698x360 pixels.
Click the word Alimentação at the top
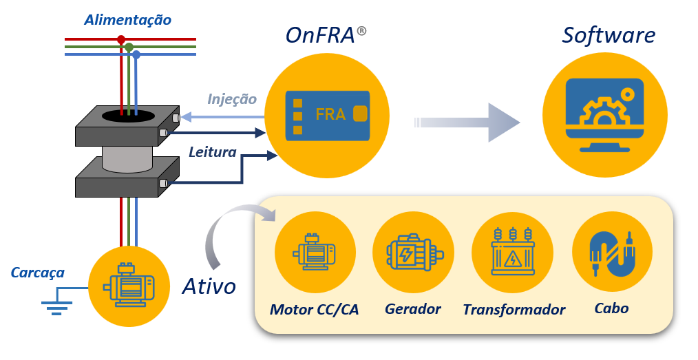tap(127, 20)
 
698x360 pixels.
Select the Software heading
tap(609, 35)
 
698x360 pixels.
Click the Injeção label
tap(232, 99)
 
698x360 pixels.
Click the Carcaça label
tap(37, 273)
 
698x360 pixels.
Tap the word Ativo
tap(209, 286)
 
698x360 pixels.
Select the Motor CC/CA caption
tap(315, 308)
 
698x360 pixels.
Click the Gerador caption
tap(413, 308)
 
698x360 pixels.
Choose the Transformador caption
tap(514, 310)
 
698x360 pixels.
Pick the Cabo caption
tap(611, 308)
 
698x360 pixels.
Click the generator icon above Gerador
tap(413, 254)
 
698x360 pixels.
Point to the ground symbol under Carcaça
tap(56, 306)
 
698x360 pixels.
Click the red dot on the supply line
tap(121, 39)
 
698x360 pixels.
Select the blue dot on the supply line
tap(136, 54)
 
